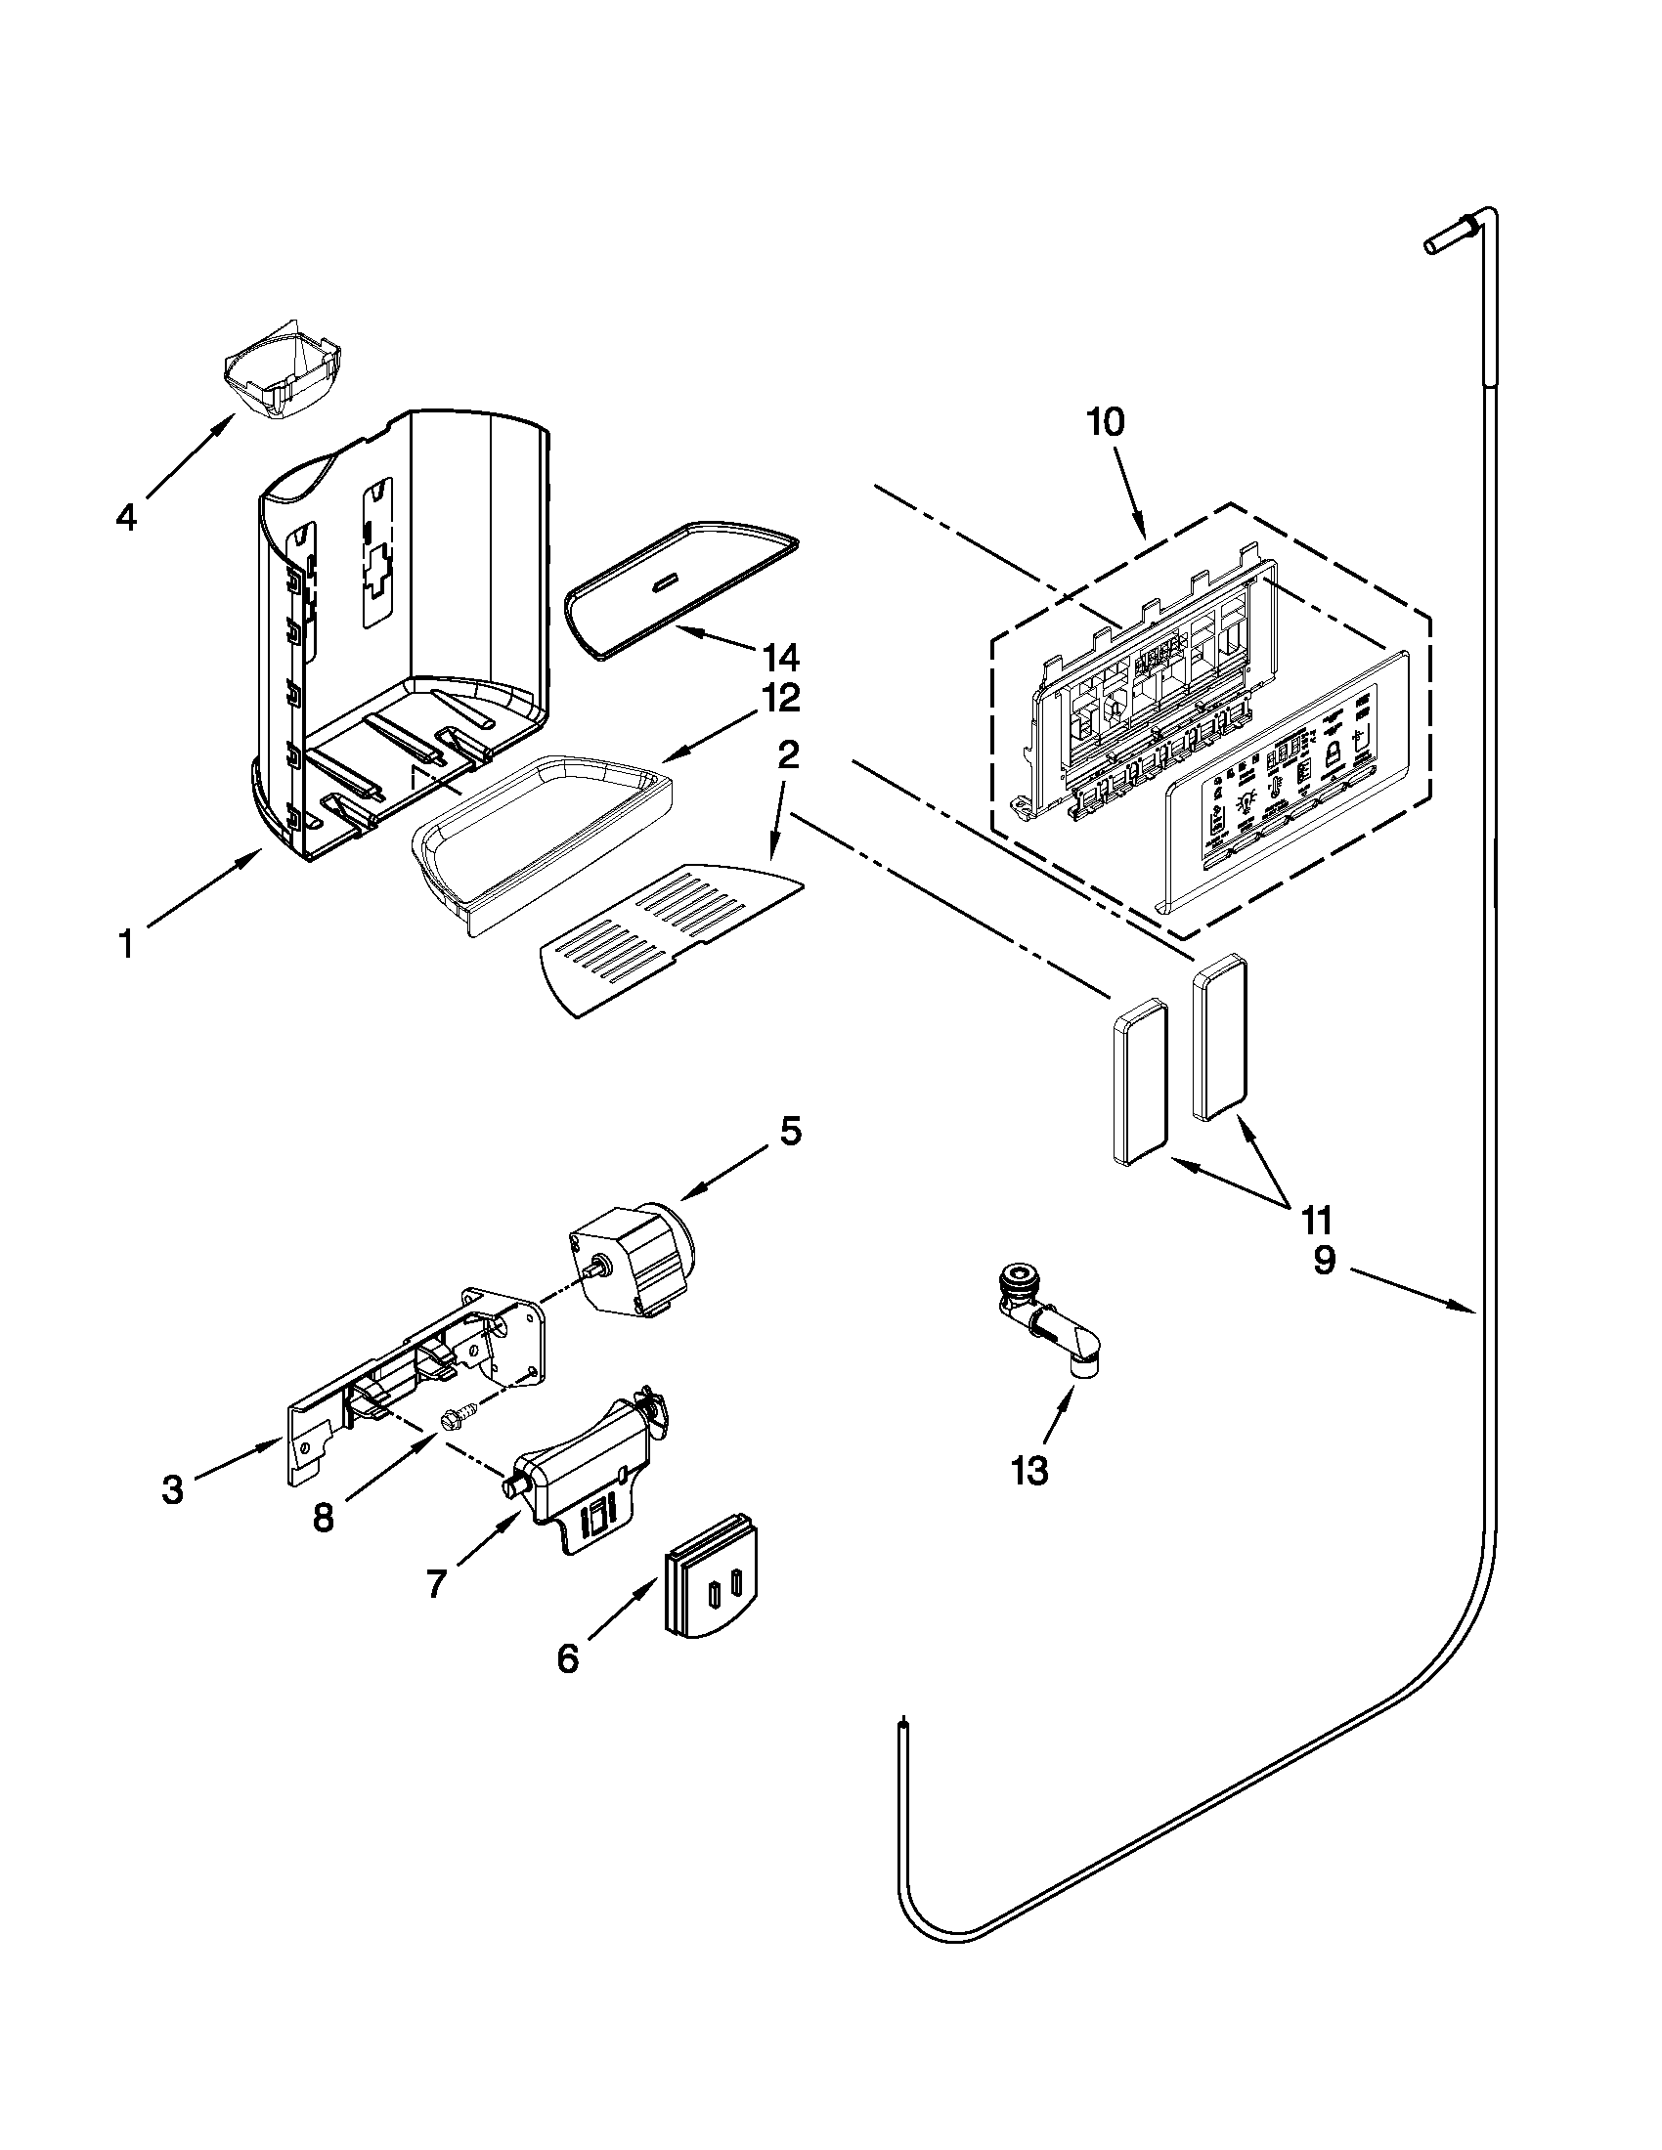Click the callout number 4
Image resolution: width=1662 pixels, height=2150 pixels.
pyautogui.click(x=126, y=517)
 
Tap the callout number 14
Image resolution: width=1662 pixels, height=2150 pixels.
pyautogui.click(x=777, y=657)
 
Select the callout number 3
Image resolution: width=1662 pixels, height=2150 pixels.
pyautogui.click(x=172, y=1490)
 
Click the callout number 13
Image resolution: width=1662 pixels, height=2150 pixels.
pyautogui.click(x=1028, y=1499)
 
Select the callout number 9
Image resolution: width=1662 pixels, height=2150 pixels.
pyautogui.click(x=1324, y=1260)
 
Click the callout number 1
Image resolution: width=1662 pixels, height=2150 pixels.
pyautogui.click(x=125, y=945)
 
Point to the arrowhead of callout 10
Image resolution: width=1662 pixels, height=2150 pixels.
pyautogui.click(x=1144, y=536)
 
